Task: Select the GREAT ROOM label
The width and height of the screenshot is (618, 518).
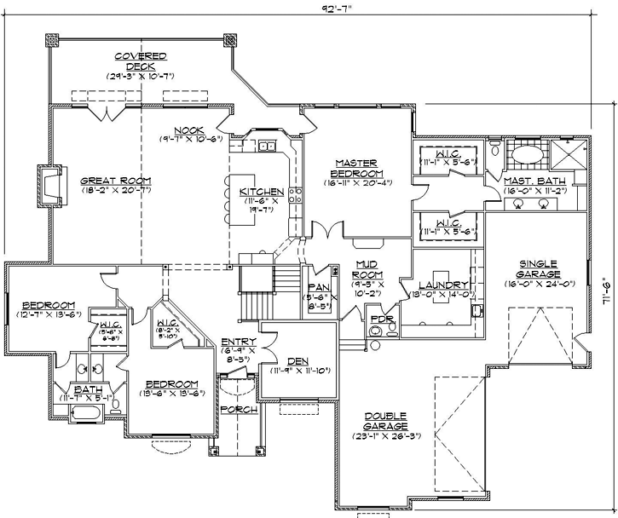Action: click(x=116, y=181)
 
